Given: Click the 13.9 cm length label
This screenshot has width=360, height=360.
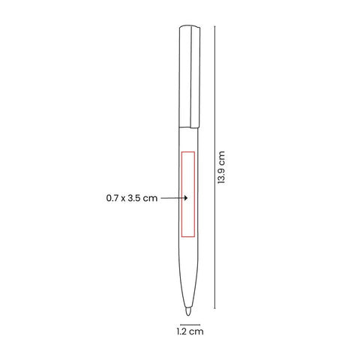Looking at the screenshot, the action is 221,167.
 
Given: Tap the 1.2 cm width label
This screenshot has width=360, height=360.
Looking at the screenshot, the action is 190,331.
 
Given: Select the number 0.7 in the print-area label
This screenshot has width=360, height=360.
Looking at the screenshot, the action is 112,198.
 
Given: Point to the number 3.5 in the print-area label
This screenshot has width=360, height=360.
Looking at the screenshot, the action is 134,198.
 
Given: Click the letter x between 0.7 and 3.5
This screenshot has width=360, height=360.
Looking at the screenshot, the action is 123,199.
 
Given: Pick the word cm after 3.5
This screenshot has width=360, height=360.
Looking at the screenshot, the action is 151,199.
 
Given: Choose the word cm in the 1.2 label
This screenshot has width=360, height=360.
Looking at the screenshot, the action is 196,332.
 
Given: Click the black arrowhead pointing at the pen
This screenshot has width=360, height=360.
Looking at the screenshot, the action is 186,198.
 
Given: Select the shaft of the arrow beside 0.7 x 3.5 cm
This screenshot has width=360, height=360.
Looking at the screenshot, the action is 172,198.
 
